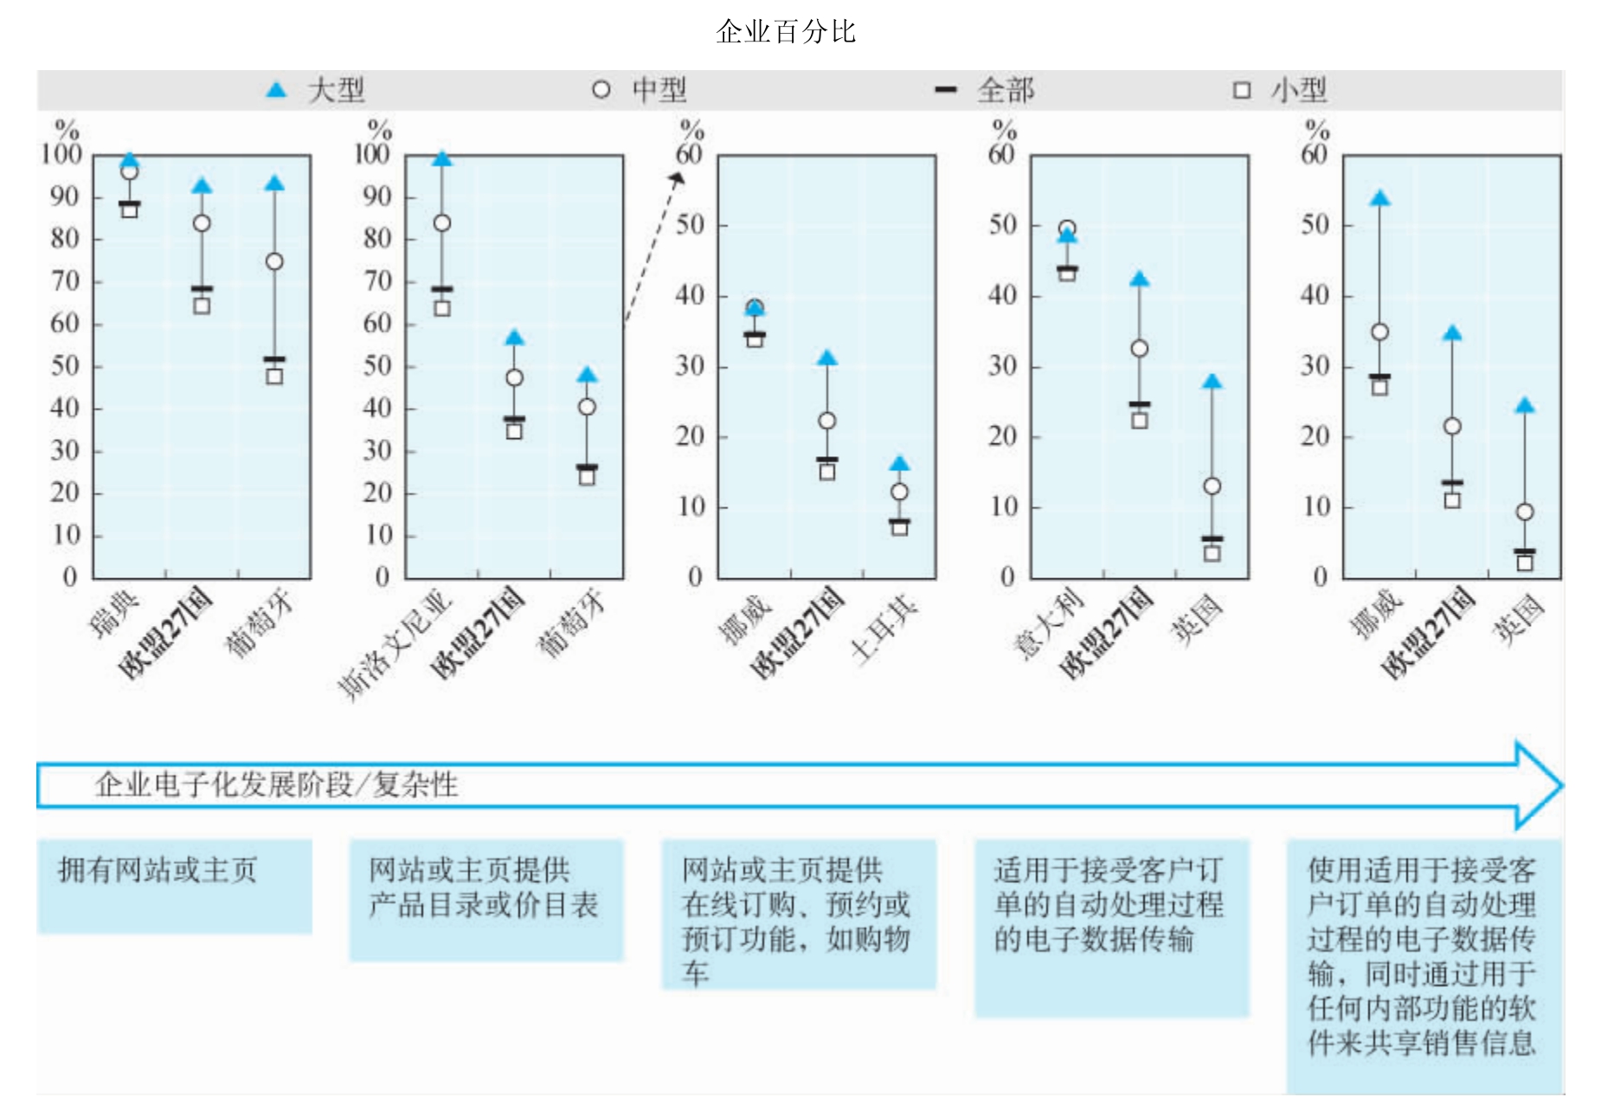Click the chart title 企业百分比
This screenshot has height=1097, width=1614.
coord(785,32)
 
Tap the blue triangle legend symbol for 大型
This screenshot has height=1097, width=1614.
coord(276,89)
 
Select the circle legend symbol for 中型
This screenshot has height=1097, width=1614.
coord(601,89)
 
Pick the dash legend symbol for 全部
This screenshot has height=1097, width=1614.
coord(946,89)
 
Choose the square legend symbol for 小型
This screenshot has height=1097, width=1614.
coord(1241,90)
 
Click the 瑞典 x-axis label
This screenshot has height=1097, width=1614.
coord(114,616)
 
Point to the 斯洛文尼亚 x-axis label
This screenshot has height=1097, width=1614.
coord(395,644)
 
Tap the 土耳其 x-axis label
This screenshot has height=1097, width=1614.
coord(883,628)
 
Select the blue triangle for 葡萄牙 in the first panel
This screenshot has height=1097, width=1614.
coord(274,183)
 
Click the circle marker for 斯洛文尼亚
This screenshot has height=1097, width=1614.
coord(441,223)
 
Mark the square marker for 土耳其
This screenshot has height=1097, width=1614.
coord(899,527)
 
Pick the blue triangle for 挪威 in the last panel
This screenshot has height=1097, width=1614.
coord(1379,198)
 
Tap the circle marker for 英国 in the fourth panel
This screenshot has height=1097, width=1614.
coord(1212,486)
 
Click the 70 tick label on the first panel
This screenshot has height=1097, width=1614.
coord(65,281)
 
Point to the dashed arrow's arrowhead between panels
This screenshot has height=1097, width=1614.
coord(677,178)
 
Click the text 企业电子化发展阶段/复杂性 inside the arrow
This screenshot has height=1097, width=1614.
coord(276,784)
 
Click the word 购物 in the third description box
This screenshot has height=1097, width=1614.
coord(882,939)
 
